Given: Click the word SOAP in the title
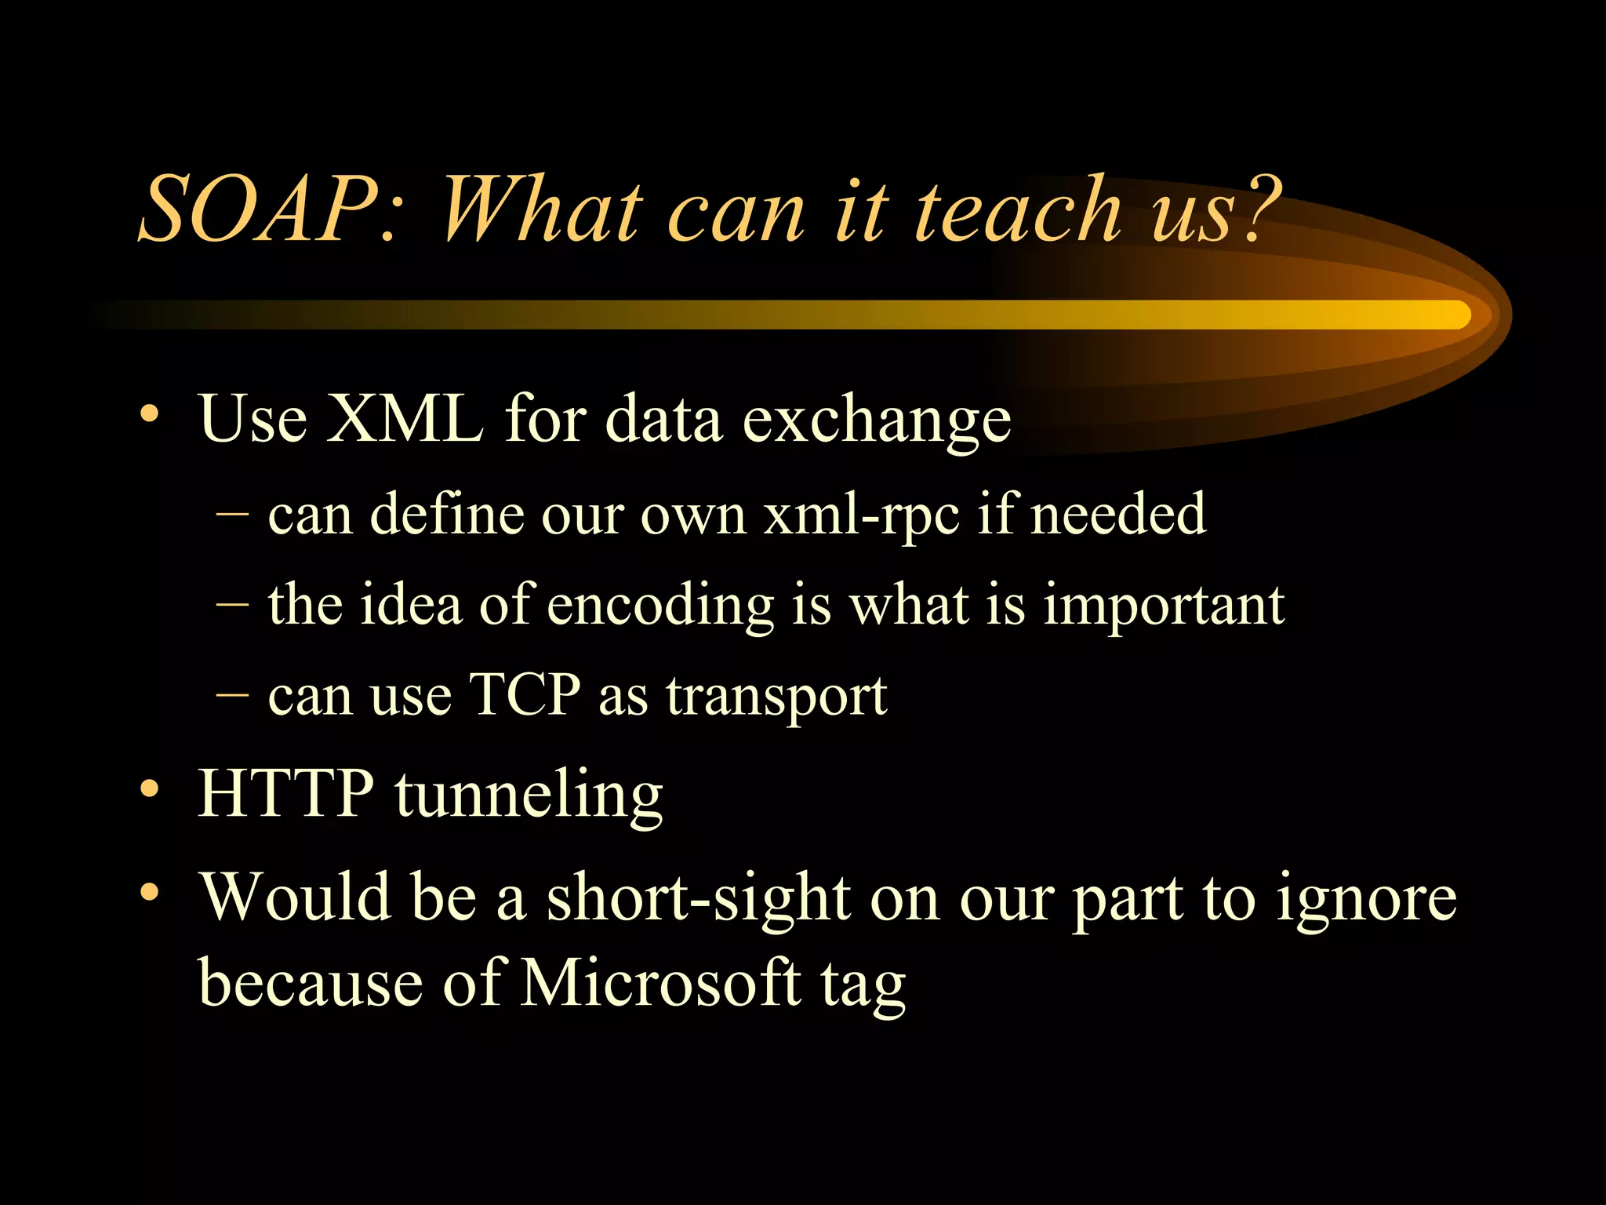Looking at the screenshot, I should pyautogui.click(x=259, y=210).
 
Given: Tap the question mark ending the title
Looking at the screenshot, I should pyautogui.click(x=1259, y=208).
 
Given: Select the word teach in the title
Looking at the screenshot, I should pyautogui.click(x=1019, y=210).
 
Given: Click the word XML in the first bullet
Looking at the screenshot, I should pyautogui.click(x=405, y=420).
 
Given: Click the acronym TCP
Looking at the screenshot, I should pyautogui.click(x=524, y=695).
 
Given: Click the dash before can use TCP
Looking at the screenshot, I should pyautogui.click(x=231, y=695).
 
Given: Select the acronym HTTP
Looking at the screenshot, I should pyautogui.click(x=286, y=794).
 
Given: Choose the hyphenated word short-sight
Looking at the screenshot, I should pyautogui.click(x=698, y=897).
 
